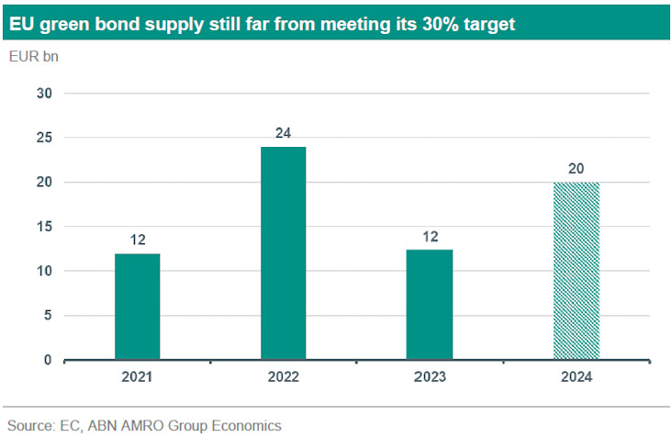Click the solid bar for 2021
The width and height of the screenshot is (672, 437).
coord(137,307)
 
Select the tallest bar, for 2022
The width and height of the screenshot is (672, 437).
coord(283,253)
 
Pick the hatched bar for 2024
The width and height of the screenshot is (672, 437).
coord(576,271)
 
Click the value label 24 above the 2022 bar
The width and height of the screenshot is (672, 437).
coord(283,134)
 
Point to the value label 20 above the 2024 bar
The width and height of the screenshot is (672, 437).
coord(576,169)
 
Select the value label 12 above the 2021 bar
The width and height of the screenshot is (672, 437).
coord(137,241)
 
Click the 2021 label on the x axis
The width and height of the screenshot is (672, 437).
coord(137,377)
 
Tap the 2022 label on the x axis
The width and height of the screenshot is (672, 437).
coord(283,377)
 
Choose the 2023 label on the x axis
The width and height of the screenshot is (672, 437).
coord(430,377)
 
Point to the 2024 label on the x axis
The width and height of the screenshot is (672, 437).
coord(576,377)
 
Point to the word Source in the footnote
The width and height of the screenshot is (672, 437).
coord(29,425)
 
